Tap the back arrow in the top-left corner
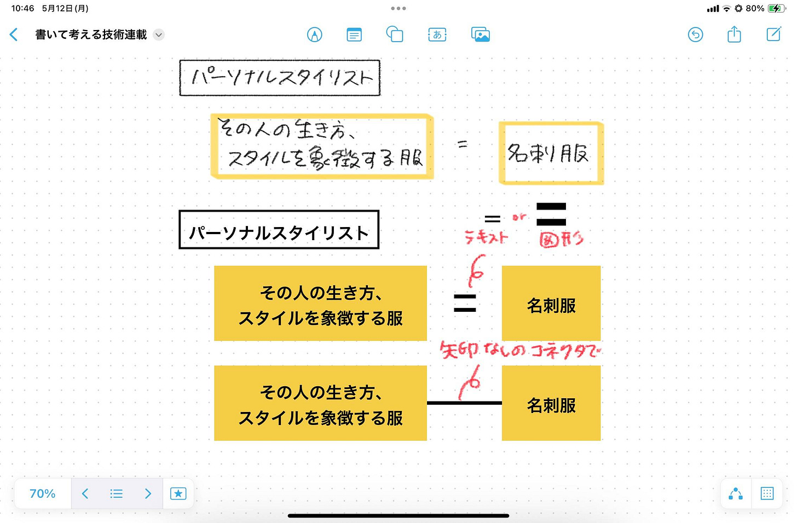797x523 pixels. tap(14, 35)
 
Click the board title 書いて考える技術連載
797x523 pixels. tap(91, 35)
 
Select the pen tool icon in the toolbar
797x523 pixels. tap(314, 35)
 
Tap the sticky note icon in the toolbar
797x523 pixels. tap(354, 35)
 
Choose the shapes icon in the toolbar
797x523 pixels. tap(395, 35)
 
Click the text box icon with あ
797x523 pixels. tap(437, 35)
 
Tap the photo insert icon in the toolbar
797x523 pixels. tap(480, 35)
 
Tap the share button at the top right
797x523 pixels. tap(734, 35)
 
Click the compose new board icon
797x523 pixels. tap(773, 35)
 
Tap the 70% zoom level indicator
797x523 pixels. tap(43, 493)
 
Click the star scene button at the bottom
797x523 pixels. tap(178, 493)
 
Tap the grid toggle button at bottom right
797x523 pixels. tap(767, 493)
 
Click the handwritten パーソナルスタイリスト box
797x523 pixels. tap(280, 78)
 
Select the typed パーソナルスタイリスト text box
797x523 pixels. tap(279, 230)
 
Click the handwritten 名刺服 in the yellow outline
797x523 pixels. tap(549, 154)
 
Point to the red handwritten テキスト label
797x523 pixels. tap(486, 237)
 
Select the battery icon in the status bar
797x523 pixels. tap(776, 9)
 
